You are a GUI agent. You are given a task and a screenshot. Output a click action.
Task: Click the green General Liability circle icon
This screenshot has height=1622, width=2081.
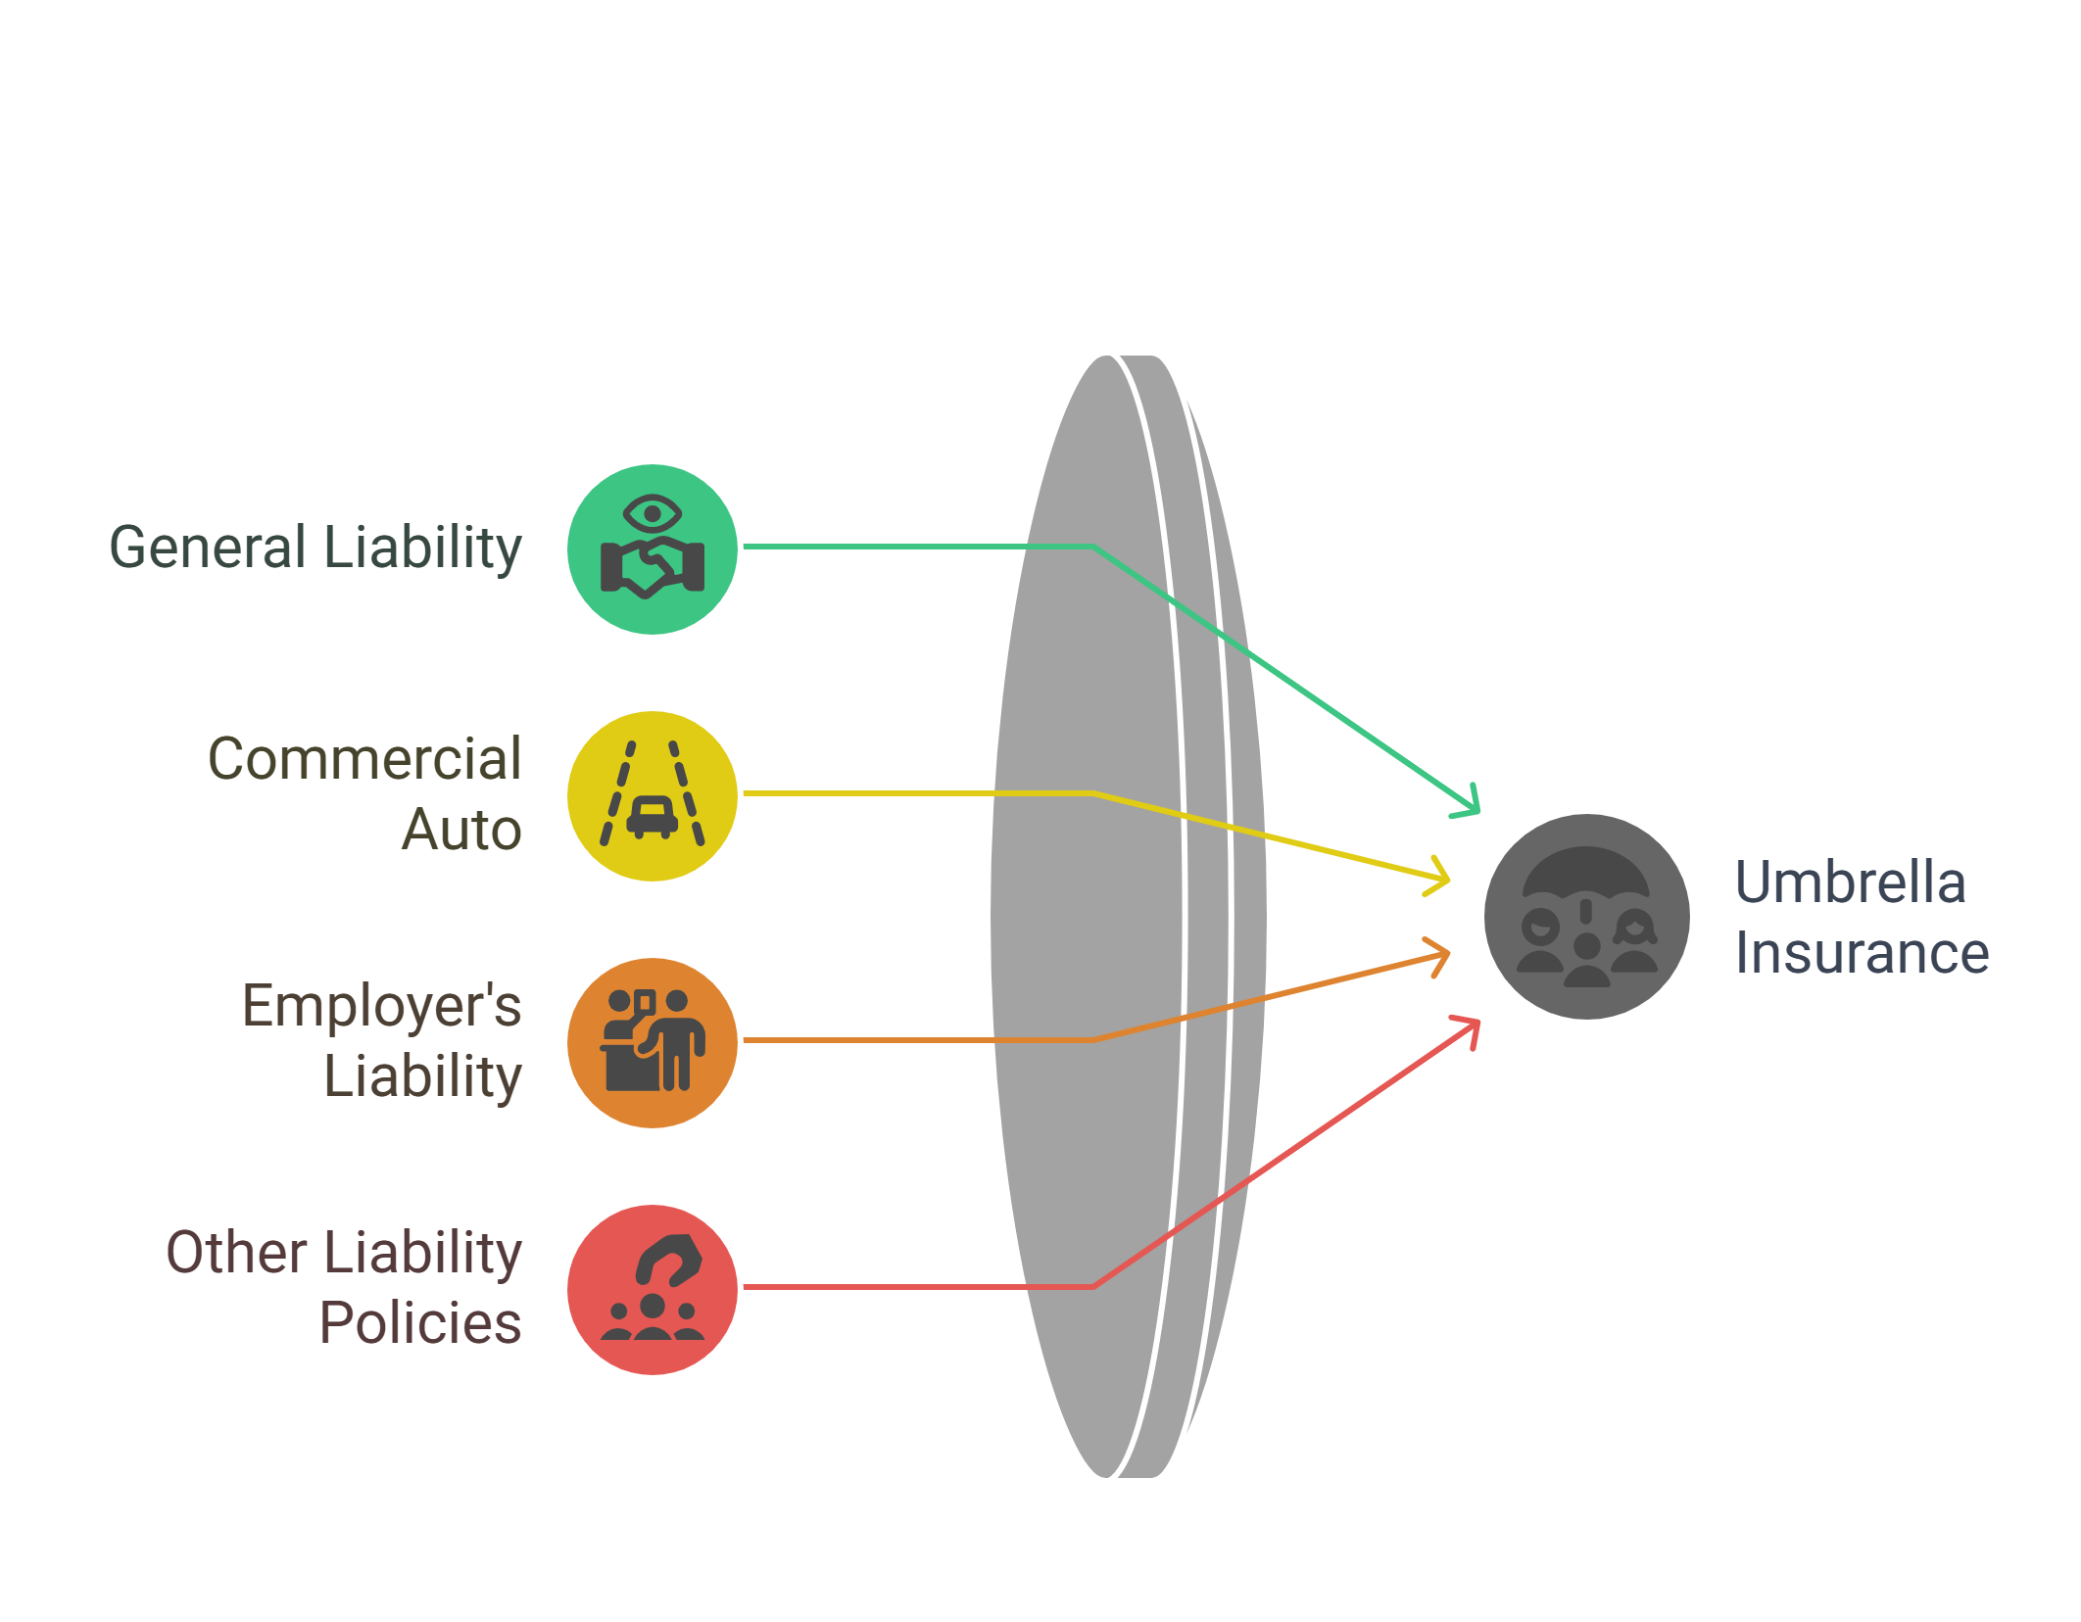click(x=653, y=549)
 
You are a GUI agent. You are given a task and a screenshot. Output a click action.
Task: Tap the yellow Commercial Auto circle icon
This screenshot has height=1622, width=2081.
click(x=653, y=796)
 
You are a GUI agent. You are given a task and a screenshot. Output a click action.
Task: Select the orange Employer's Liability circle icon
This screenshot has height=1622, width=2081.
click(x=653, y=1043)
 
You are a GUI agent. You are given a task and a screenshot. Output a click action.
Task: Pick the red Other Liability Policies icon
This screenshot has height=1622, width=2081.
click(x=653, y=1290)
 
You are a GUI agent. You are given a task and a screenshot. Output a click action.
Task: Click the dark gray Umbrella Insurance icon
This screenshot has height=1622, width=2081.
click(x=1586, y=917)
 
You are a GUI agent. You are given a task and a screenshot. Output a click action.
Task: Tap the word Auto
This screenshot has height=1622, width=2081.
click(x=461, y=830)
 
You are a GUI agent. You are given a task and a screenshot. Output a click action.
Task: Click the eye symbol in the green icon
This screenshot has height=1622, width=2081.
click(x=653, y=513)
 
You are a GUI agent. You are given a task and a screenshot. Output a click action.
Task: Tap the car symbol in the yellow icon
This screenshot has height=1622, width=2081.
click(x=653, y=816)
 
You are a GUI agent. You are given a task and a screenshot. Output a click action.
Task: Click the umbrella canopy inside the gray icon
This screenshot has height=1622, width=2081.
click(x=1586, y=873)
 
